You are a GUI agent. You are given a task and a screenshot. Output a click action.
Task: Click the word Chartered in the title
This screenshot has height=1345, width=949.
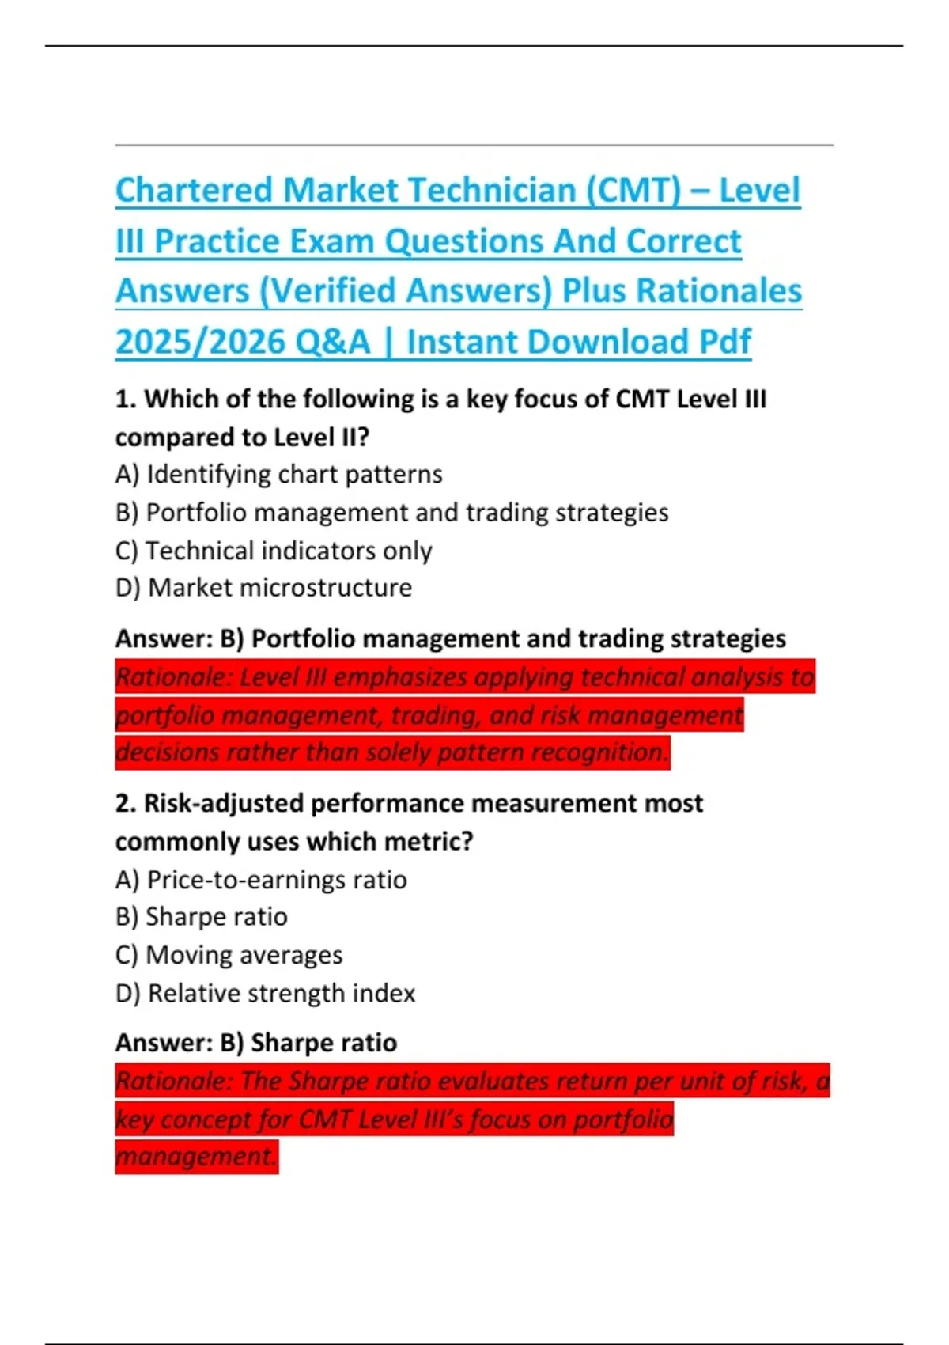point(195,191)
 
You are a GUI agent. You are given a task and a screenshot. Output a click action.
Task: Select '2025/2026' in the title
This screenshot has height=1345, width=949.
point(199,343)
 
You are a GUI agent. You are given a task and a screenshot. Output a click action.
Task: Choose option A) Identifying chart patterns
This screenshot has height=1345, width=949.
point(278,474)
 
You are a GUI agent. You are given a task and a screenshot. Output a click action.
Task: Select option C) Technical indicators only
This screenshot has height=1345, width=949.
point(274,551)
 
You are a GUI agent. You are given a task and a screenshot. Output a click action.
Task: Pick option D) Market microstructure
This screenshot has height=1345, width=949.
point(263,588)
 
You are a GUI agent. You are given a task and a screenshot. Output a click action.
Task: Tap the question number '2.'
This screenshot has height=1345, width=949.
point(126,804)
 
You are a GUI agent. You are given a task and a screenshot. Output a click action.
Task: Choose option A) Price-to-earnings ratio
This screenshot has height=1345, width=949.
point(261,880)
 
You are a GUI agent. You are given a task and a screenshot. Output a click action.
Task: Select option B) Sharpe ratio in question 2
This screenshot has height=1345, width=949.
point(201,917)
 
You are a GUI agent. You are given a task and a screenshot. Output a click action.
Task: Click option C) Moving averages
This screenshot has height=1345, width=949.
point(229,955)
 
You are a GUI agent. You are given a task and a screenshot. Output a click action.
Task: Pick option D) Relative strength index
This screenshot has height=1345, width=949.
point(265,993)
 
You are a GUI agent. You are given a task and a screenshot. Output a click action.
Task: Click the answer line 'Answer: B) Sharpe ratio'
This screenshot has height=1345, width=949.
point(256,1043)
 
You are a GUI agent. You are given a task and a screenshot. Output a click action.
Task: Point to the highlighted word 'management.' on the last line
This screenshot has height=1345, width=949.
point(196,1157)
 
